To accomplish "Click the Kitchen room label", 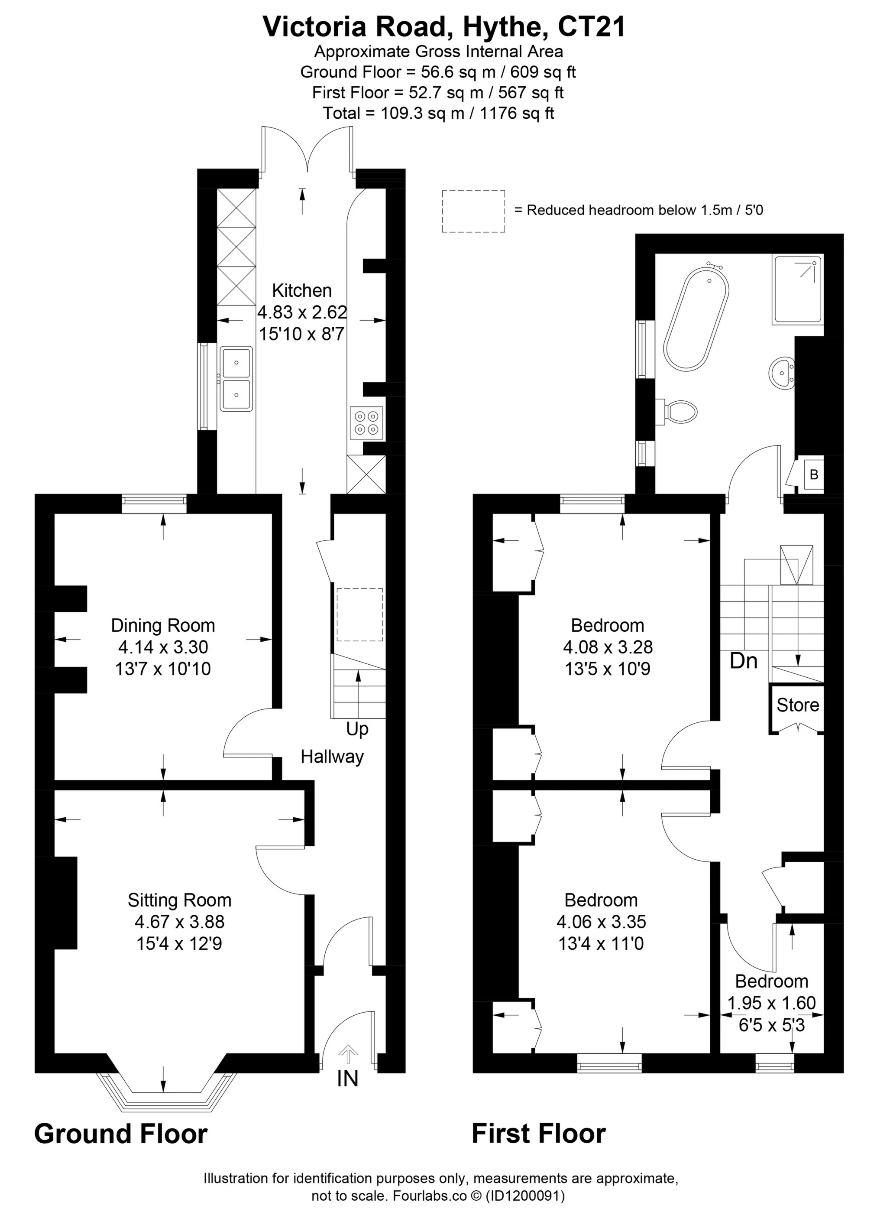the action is [302, 291].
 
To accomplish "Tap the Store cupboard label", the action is [798, 705].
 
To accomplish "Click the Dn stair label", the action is [744, 660].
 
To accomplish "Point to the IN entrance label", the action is [348, 1079].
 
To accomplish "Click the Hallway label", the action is [332, 757].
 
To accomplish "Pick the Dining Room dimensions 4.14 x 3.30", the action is [163, 647].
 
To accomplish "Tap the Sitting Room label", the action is [180, 900].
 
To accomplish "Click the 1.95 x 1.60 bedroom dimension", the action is [772, 1003].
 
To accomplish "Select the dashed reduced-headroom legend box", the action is [474, 211].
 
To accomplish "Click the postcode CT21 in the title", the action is [592, 27].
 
